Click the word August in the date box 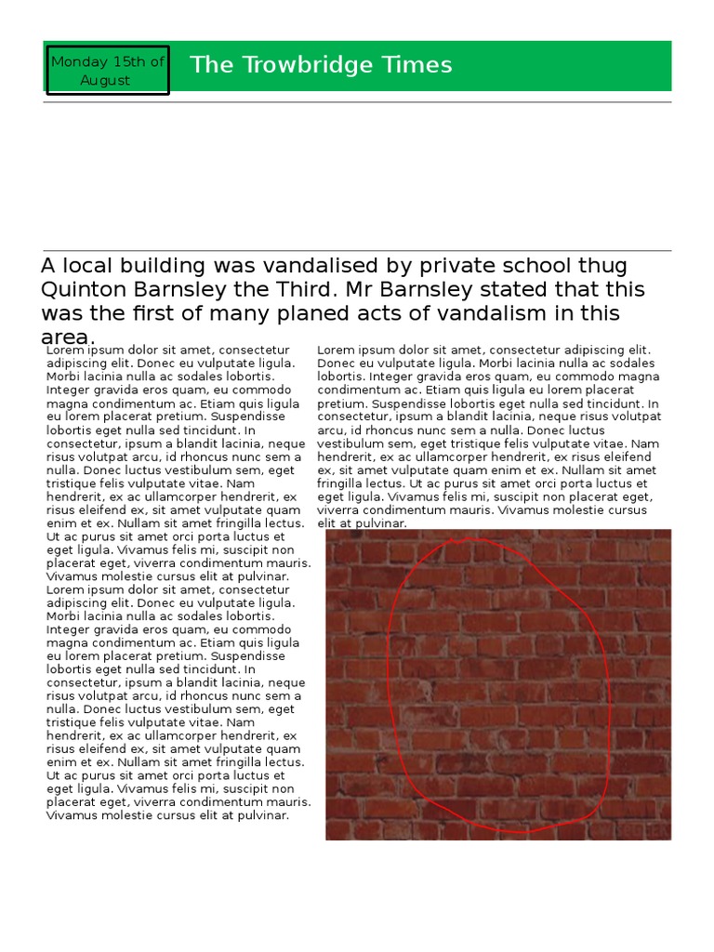pyautogui.click(x=105, y=81)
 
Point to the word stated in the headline pyautogui.click(x=503, y=290)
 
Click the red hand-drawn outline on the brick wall pyautogui.click(x=389, y=669)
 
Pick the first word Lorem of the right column pyautogui.click(x=336, y=350)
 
